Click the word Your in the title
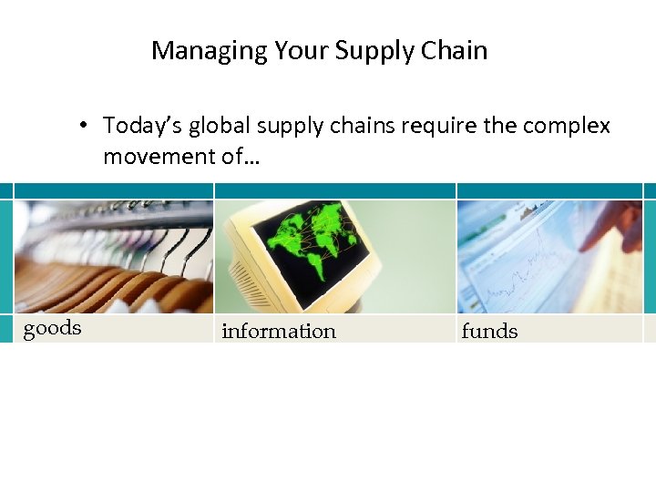[296, 50]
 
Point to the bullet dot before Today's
[82, 126]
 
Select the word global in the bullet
[217, 125]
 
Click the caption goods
[52, 329]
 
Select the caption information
[279, 332]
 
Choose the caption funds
[489, 332]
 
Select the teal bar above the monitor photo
[334, 190]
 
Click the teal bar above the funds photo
[549, 190]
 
